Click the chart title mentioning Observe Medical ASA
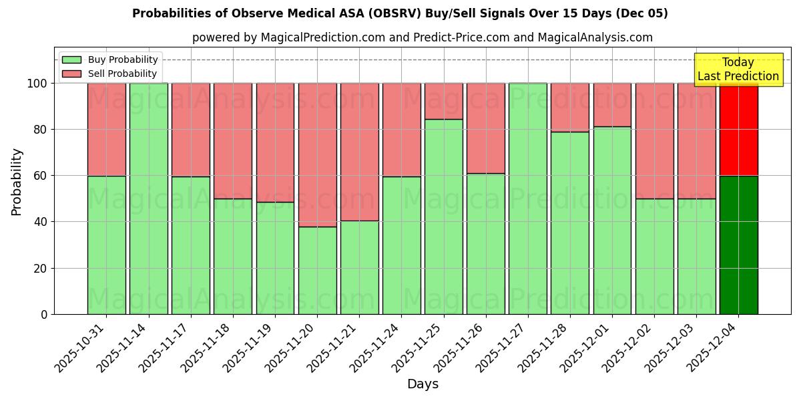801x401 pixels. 400,13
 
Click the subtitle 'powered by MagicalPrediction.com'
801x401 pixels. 422,37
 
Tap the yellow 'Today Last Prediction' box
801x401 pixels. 738,70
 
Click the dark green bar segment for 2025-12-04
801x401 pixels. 738,245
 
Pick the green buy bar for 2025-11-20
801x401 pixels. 317,270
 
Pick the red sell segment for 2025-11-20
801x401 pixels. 317,154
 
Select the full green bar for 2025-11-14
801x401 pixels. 148,198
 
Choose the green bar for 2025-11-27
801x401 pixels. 527,198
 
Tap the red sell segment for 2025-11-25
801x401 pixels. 443,101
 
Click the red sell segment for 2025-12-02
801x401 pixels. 654,140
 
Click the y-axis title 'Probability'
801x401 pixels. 17,181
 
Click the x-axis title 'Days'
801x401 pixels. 422,384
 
